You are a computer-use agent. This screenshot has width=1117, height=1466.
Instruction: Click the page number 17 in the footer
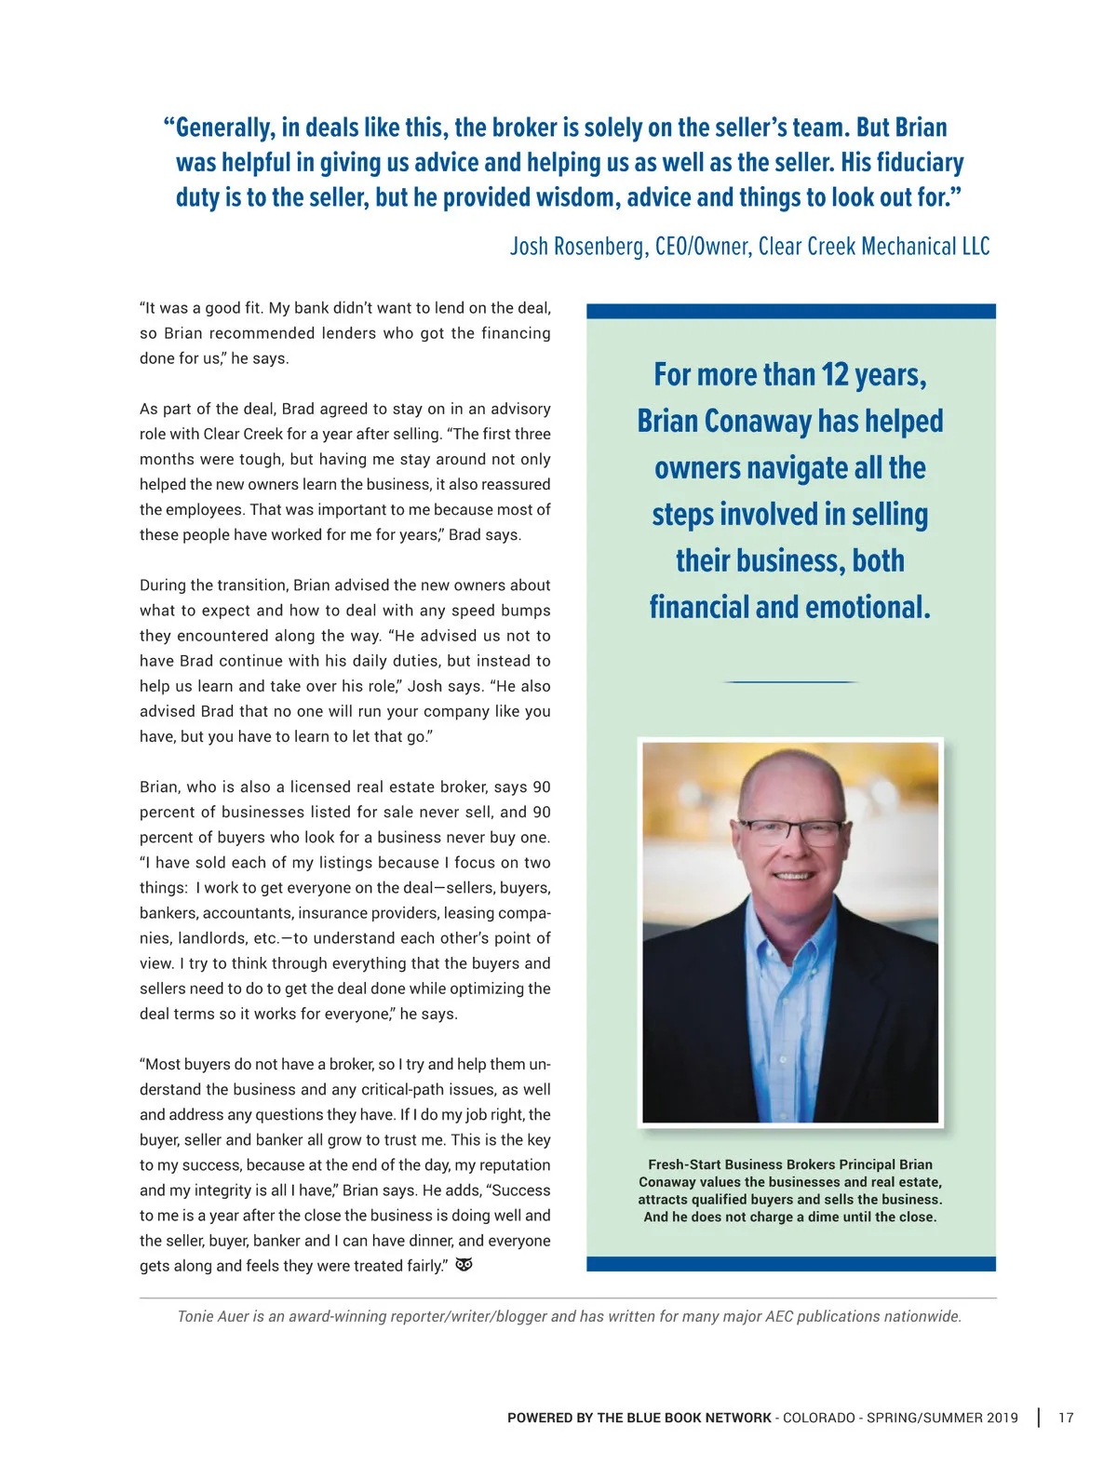pos(1066,1418)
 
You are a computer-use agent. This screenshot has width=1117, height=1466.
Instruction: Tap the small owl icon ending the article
pos(464,1265)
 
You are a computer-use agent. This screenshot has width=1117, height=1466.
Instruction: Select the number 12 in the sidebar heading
pos(835,375)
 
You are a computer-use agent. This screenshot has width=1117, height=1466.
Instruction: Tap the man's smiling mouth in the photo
pos(792,876)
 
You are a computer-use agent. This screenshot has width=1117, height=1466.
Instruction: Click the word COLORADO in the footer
pos(819,1418)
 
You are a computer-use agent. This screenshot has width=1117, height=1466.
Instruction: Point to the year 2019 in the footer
pos(1002,1418)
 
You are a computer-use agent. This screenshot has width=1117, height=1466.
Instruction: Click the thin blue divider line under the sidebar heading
pos(790,682)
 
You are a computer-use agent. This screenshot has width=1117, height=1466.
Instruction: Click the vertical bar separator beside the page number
pos(1038,1418)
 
